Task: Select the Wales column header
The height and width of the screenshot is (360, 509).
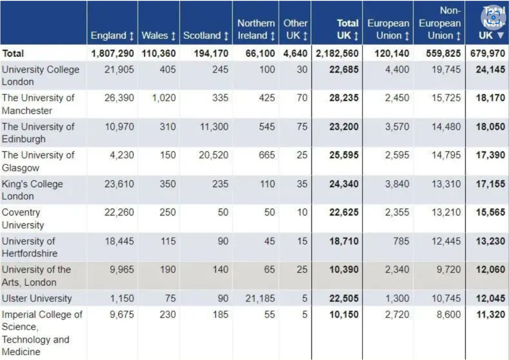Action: pyautogui.click(x=158, y=35)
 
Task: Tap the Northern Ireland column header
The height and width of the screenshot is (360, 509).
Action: pyautogui.click(x=256, y=29)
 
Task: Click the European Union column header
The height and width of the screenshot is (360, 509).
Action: pyautogui.click(x=388, y=29)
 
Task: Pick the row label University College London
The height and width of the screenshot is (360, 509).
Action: pyautogui.click(x=41, y=75)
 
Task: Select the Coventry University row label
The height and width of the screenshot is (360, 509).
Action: pyautogui.click(x=23, y=219)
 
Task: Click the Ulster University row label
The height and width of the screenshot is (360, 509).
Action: pyautogui.click(x=37, y=298)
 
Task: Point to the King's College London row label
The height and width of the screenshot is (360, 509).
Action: pyautogui.click(x=32, y=190)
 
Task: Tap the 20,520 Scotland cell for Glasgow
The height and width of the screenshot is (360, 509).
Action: pyautogui.click(x=213, y=155)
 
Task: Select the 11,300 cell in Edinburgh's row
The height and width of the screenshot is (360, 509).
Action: pyautogui.click(x=214, y=127)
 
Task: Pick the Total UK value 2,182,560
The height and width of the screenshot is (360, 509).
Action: pyautogui.click(x=337, y=53)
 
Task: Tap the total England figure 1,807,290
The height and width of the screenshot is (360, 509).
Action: pyautogui.click(x=113, y=53)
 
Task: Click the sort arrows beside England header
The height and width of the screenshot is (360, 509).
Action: pyautogui.click(x=131, y=36)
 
